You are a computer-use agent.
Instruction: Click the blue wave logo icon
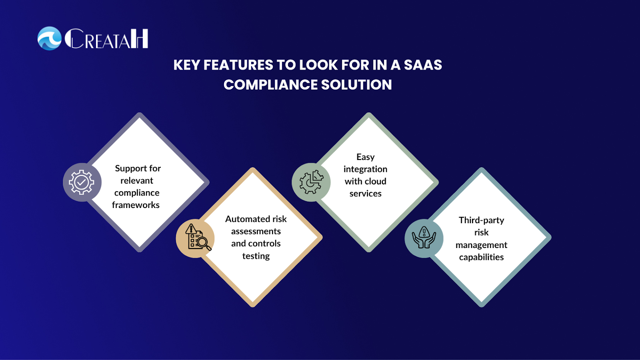point(50,38)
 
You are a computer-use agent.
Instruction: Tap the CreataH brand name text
point(106,38)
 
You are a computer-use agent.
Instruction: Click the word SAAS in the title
point(423,65)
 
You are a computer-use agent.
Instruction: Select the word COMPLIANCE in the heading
point(270,84)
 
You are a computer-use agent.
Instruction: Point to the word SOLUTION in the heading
point(356,84)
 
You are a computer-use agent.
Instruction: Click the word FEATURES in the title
point(238,65)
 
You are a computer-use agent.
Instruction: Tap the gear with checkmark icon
point(82,182)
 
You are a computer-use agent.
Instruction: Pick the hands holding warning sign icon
point(424,238)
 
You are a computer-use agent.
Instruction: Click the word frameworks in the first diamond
point(136,205)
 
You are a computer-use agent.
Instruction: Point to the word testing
point(256,256)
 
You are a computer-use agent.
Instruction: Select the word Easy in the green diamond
point(366,157)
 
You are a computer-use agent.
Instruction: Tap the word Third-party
point(482,220)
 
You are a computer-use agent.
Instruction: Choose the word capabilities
point(482,257)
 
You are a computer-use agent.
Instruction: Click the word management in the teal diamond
point(482,245)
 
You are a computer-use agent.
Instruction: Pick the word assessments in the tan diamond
point(256,231)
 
